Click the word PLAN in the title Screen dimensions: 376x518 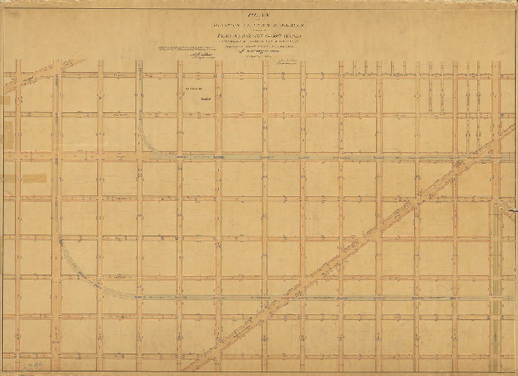[259, 13]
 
